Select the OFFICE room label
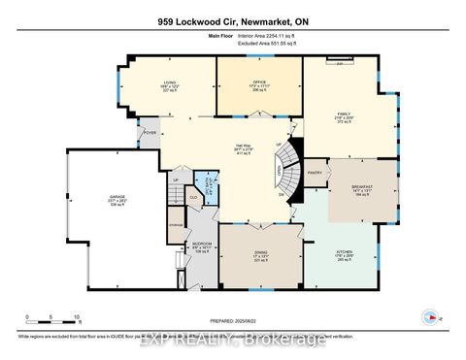tap(257, 84)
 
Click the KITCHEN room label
tap(344, 253)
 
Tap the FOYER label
tap(150, 133)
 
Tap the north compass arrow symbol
tap(429, 316)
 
